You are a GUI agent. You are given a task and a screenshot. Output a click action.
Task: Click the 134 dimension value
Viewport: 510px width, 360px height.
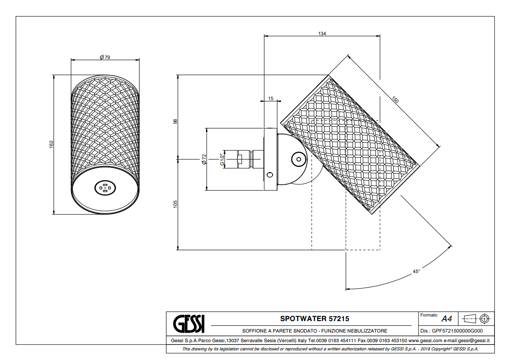[x=322, y=33]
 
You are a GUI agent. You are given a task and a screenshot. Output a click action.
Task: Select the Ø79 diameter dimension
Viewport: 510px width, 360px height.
[x=105, y=57]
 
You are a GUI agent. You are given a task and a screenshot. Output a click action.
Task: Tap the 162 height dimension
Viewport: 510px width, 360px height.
[x=51, y=145]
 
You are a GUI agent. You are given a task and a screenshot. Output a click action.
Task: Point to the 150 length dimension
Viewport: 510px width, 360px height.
[x=395, y=100]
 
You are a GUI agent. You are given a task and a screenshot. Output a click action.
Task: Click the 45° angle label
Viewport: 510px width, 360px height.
[x=416, y=271]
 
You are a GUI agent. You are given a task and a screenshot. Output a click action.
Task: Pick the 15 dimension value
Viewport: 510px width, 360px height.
[x=271, y=98]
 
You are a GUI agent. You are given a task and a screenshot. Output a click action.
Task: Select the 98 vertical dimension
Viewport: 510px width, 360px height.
[x=175, y=121]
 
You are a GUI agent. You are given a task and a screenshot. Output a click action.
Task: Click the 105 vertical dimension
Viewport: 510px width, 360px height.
[x=175, y=204]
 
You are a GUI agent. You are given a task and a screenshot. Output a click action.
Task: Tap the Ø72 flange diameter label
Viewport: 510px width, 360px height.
[x=204, y=159]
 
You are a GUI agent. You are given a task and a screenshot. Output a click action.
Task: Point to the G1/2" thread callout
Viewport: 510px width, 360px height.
[x=222, y=159]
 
